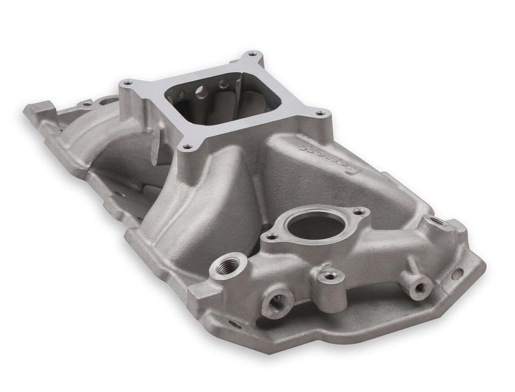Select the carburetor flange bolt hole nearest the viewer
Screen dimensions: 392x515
point(186,148)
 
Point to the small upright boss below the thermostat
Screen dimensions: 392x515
point(330,276)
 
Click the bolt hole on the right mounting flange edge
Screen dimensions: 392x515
point(456,274)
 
